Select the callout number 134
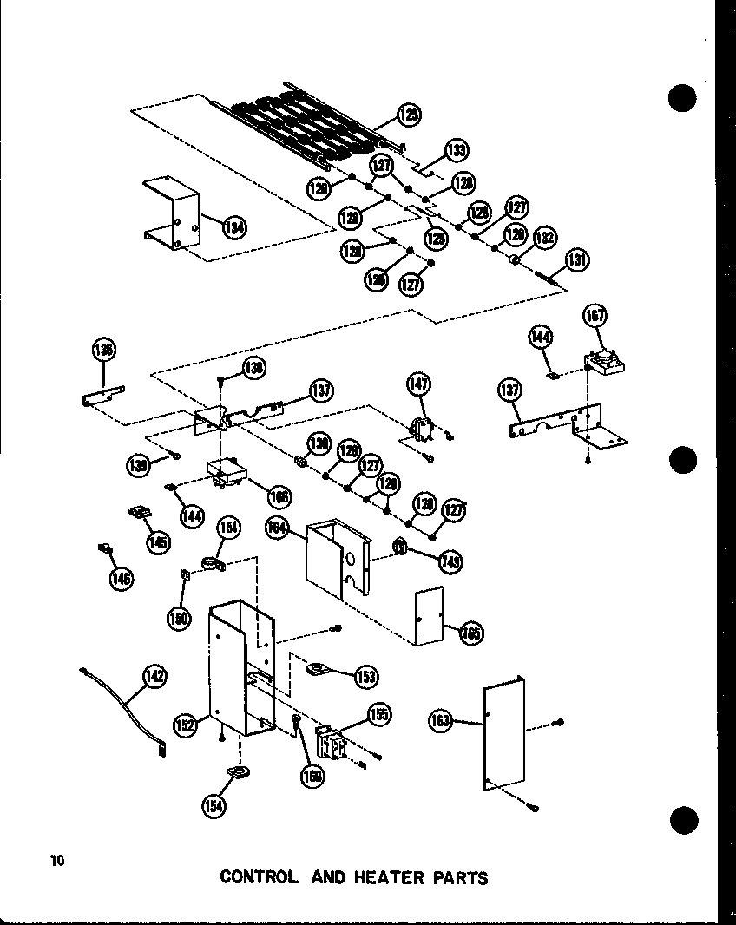coord(233,227)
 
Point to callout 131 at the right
coord(577,259)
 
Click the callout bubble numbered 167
coord(595,315)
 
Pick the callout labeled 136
coord(104,351)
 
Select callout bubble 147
coord(419,384)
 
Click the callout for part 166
coord(279,497)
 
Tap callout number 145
coord(157,542)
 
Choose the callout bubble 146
coord(122,578)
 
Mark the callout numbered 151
coord(229,528)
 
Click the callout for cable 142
coord(155,677)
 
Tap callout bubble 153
coord(366,676)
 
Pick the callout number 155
coord(378,714)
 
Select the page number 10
coord(57,861)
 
